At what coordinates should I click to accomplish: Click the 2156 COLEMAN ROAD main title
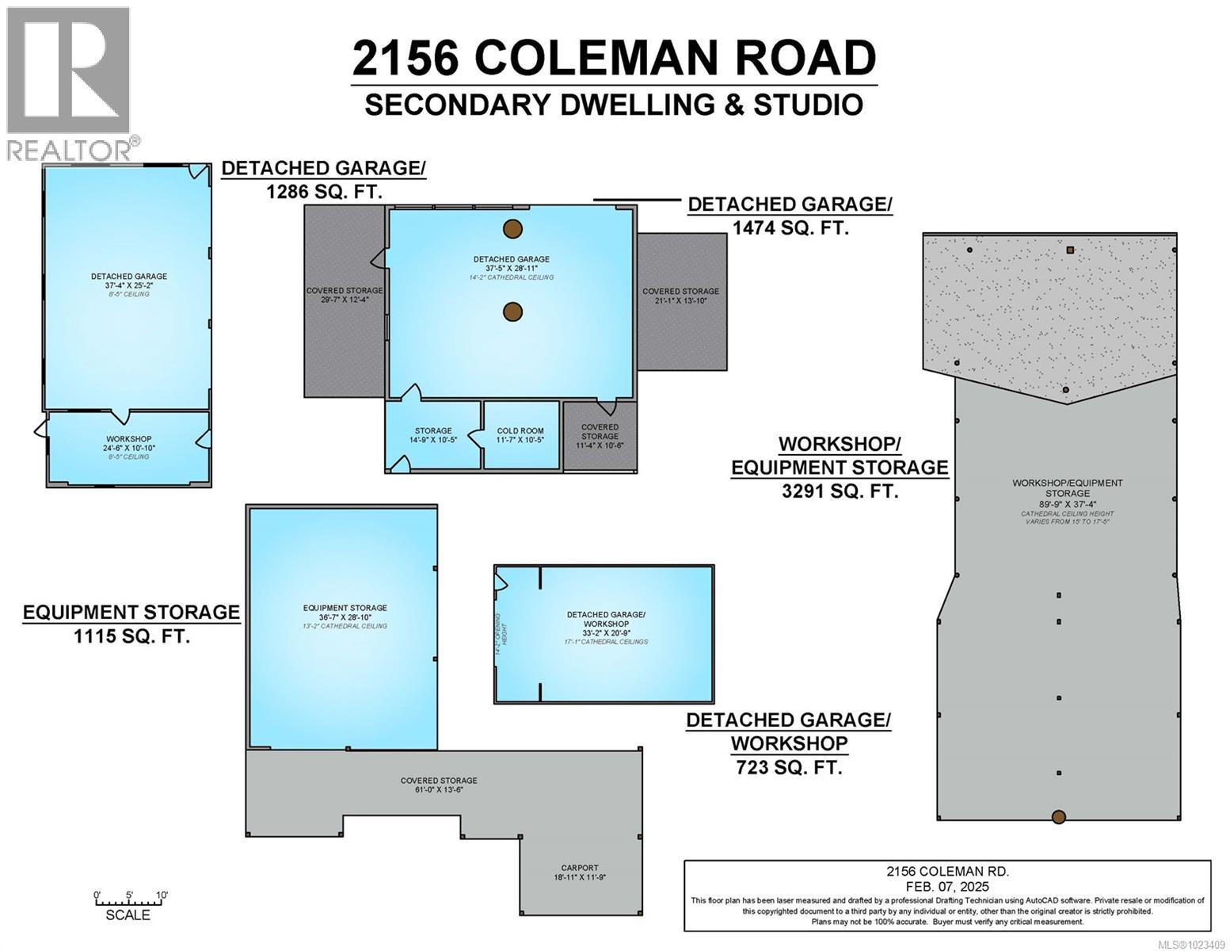tap(614, 57)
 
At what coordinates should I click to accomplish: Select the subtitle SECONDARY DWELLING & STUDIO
tap(614, 105)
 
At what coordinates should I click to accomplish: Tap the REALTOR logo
tap(69, 83)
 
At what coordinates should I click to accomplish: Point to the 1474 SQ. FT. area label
tap(790, 227)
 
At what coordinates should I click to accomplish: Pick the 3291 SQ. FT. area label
tap(840, 491)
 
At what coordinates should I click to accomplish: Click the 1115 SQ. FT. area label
tap(131, 636)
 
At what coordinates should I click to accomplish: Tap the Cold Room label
tap(520, 431)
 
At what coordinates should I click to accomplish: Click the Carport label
tap(580, 868)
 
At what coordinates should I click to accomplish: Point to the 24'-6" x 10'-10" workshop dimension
tap(128, 448)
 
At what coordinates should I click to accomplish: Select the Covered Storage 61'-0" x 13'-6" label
tap(439, 785)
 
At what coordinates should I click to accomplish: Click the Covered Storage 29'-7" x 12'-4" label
tap(345, 296)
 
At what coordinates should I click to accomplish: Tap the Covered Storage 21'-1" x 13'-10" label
tap(680, 296)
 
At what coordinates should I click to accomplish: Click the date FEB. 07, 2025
tap(947, 885)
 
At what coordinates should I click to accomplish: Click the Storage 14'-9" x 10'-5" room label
tap(432, 435)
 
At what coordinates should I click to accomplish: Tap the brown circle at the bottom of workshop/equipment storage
tap(1058, 817)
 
